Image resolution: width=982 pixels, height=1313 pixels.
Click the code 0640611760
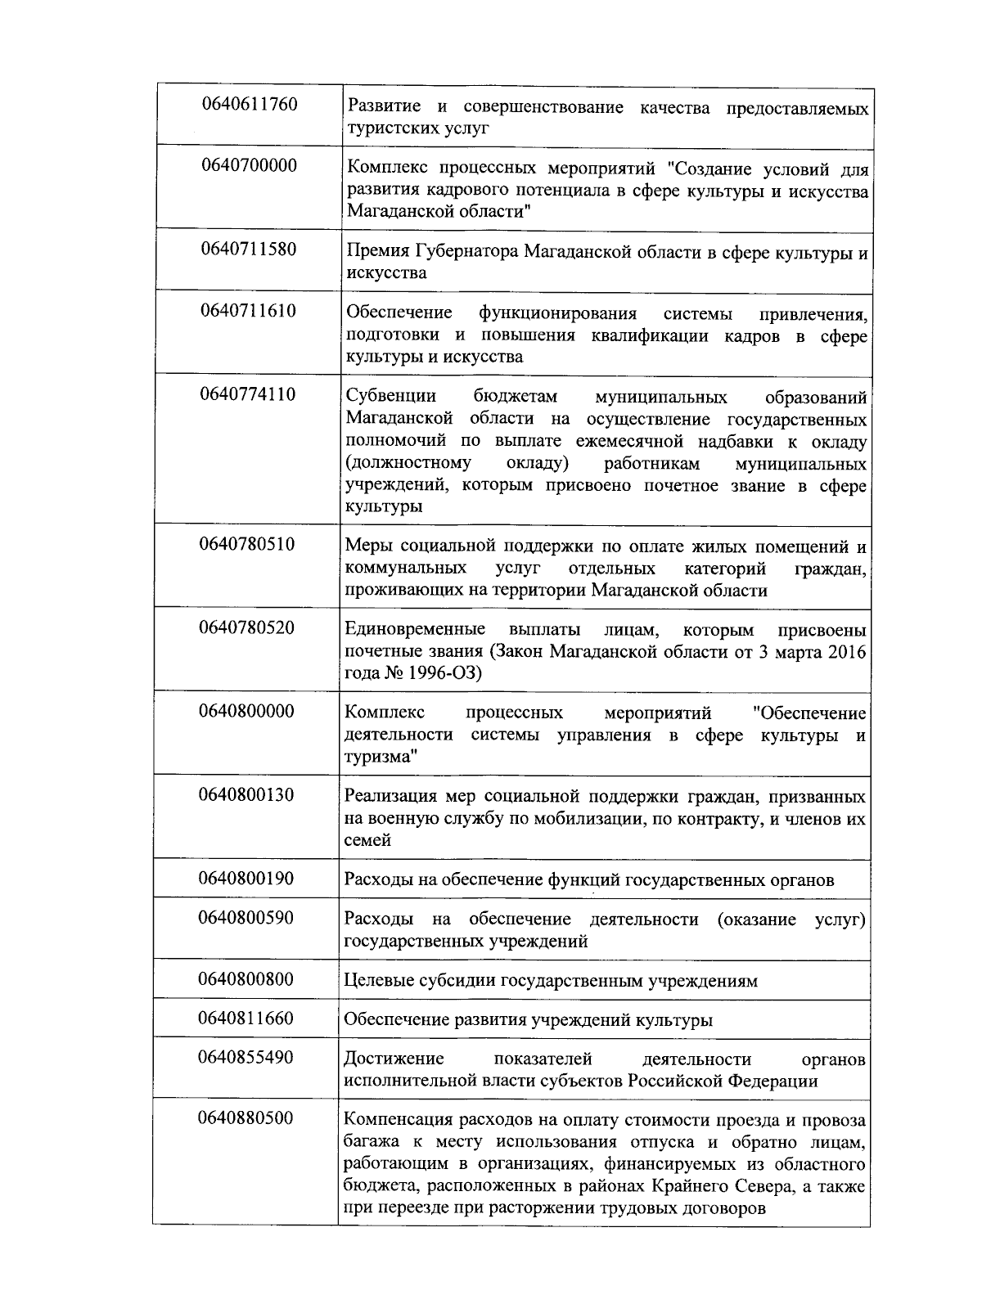pyautogui.click(x=249, y=105)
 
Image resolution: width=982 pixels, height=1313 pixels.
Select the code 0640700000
pyautogui.click(x=249, y=166)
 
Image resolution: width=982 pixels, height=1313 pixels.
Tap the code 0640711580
pyautogui.click(x=249, y=250)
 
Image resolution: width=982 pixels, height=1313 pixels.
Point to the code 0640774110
pyautogui.click(x=248, y=395)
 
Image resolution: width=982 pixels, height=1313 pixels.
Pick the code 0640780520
pyautogui.click(x=247, y=628)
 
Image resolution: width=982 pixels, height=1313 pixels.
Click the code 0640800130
pyautogui.click(x=246, y=795)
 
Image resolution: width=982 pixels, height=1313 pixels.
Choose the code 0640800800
pyautogui.click(x=245, y=980)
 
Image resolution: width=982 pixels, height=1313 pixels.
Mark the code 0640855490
pyautogui.click(x=245, y=1058)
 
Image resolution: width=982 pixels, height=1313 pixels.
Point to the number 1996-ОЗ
pyautogui.click(x=441, y=673)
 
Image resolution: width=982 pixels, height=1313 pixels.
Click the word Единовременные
pyautogui.click(x=414, y=630)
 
